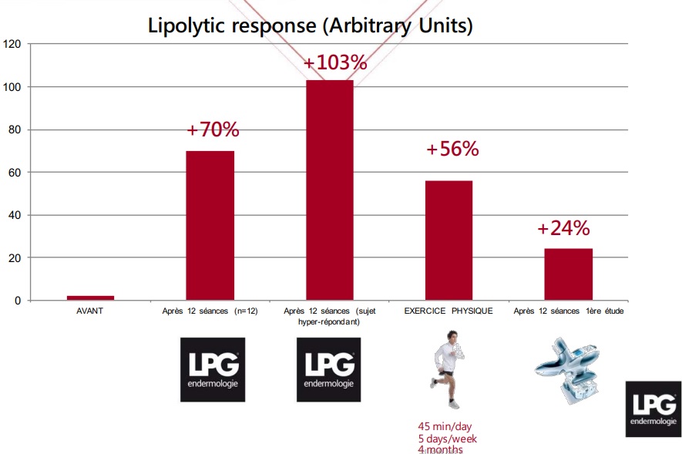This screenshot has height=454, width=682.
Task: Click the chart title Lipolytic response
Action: [x=310, y=25]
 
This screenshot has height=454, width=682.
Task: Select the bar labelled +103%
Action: [x=330, y=190]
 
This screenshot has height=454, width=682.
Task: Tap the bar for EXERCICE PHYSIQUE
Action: [x=449, y=240]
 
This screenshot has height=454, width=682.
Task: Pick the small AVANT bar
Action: [x=90, y=298]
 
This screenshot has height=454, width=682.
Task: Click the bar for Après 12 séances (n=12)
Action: [x=210, y=225]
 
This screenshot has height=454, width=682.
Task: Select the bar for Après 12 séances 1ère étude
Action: [x=569, y=274]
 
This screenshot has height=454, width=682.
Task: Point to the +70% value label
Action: [x=213, y=129]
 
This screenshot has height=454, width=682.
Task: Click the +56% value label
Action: [x=452, y=149]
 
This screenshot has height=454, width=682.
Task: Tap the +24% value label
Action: [x=563, y=228]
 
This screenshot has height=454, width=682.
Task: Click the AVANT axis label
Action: [x=90, y=311]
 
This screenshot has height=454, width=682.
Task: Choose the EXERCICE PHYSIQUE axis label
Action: [x=449, y=311]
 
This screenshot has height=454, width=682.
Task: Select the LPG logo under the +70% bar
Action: [x=213, y=369]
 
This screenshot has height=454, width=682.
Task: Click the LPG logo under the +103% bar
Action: [x=329, y=369]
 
